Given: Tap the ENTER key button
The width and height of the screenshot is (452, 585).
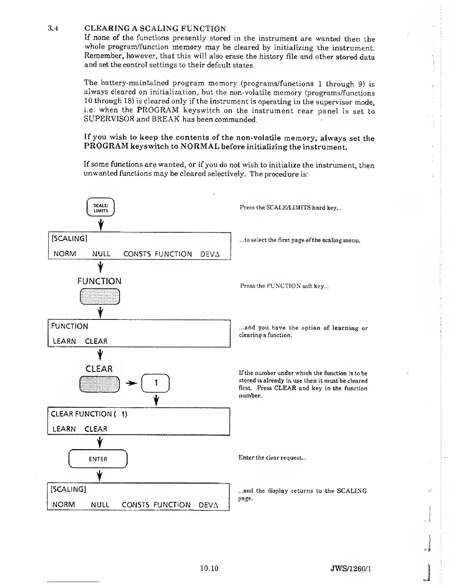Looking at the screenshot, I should pyautogui.click(x=98, y=459).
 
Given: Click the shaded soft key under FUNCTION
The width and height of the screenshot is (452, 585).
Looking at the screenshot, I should pyautogui.click(x=100, y=296).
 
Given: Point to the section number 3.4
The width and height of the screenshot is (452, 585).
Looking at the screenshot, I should pyautogui.click(x=54, y=28).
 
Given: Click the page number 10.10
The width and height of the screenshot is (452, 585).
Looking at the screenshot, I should pyautogui.click(x=209, y=568).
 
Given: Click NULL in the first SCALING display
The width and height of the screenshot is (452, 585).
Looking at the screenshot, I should pyautogui.click(x=101, y=254).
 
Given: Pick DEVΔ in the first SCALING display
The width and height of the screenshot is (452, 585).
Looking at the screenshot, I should pyautogui.click(x=210, y=254).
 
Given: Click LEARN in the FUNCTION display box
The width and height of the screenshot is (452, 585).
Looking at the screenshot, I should pyautogui.click(x=65, y=341).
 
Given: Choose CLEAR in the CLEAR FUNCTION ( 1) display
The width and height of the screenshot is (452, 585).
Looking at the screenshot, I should pyautogui.click(x=96, y=429).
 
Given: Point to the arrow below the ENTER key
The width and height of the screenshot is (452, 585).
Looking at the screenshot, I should pyautogui.click(x=99, y=475).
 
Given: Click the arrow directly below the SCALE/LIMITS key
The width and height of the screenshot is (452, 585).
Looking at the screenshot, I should pyautogui.click(x=100, y=224).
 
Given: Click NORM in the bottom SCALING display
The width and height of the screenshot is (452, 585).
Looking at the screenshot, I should pyautogui.click(x=64, y=504).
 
